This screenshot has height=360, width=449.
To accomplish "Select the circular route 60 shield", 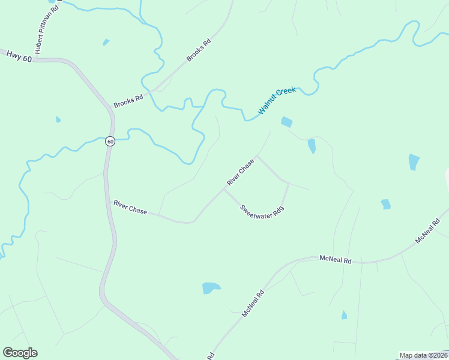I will click(110, 141).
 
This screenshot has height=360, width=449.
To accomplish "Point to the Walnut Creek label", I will click(277, 101).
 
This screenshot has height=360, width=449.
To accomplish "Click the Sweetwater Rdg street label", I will click(261, 211).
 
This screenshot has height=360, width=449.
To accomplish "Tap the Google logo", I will click(20, 353).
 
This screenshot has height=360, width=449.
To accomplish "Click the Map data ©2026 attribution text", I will click(423, 355).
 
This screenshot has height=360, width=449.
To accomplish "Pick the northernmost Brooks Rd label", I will click(199, 50).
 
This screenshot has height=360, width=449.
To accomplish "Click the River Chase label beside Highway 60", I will click(130, 207).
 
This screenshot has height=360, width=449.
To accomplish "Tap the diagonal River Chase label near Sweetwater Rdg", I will click(240, 172).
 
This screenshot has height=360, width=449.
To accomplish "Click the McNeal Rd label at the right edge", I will click(429, 231).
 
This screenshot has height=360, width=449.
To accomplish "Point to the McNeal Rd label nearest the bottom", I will click(253, 304).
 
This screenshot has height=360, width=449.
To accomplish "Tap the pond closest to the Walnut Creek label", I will click(286, 122).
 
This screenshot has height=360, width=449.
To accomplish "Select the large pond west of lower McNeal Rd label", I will click(211, 288).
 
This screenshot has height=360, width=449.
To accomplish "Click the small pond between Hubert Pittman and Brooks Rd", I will click(106, 42).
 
